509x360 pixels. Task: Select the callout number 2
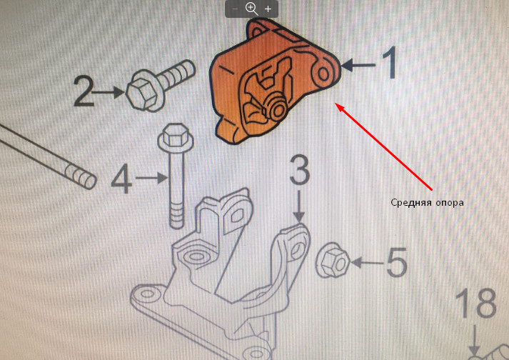[x=85, y=91]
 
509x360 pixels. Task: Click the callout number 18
[x=475, y=306]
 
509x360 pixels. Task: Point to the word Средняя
[x=410, y=203]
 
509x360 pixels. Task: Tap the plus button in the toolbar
[x=268, y=9]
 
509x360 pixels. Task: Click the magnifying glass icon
[x=251, y=9]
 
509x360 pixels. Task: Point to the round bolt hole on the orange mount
[x=323, y=73]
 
